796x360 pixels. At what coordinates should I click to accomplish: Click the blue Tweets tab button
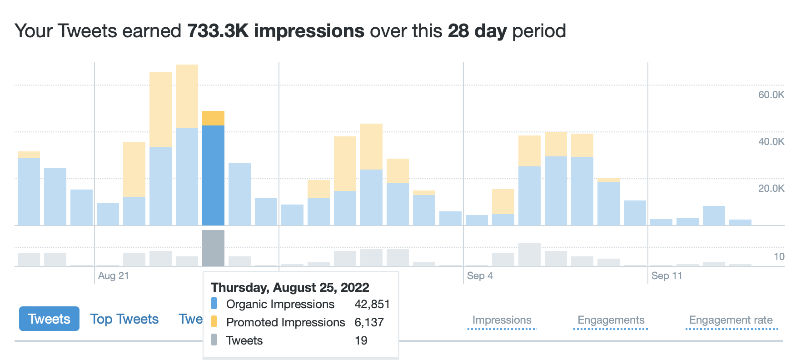(x=49, y=319)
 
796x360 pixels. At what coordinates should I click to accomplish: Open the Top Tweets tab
(x=124, y=319)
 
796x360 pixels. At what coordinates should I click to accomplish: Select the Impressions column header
(x=502, y=320)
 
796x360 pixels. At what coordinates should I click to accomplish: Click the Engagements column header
(x=611, y=320)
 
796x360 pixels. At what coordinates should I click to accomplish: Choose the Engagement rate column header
(x=731, y=320)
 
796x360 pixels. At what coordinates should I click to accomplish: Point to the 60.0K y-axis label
(x=771, y=95)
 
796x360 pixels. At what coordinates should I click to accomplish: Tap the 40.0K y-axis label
(x=771, y=141)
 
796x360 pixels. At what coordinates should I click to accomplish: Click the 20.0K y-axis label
(x=771, y=188)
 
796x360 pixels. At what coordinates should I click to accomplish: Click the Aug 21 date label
(x=113, y=275)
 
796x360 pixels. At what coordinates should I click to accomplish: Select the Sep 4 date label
(x=479, y=275)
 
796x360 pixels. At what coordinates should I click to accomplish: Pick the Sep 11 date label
(x=667, y=275)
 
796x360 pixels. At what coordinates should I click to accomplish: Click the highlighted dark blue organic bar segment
(x=213, y=175)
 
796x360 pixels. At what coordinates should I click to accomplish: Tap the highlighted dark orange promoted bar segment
(x=213, y=118)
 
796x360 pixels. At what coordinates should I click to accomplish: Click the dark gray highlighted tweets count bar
(x=213, y=248)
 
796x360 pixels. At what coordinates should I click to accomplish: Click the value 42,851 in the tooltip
(x=372, y=304)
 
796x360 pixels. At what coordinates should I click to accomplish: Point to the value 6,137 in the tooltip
(x=369, y=322)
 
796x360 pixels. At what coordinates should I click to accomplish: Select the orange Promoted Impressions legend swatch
(x=214, y=322)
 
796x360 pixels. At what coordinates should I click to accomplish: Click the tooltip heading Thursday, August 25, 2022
(x=290, y=287)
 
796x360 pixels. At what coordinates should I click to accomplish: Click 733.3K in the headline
(x=218, y=31)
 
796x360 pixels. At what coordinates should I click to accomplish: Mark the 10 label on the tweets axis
(x=779, y=256)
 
